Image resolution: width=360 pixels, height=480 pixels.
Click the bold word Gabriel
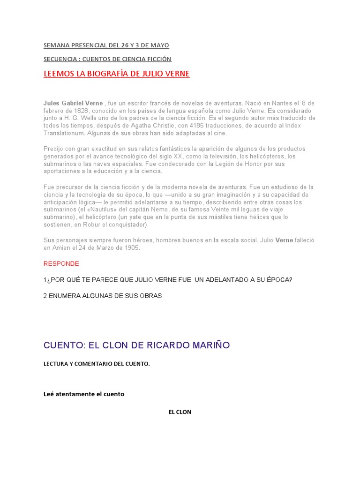point(73,103)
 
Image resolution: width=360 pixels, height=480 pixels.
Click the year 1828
point(77,111)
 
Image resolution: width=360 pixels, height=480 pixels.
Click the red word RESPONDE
point(61,264)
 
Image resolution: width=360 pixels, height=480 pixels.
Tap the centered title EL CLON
point(180,412)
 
